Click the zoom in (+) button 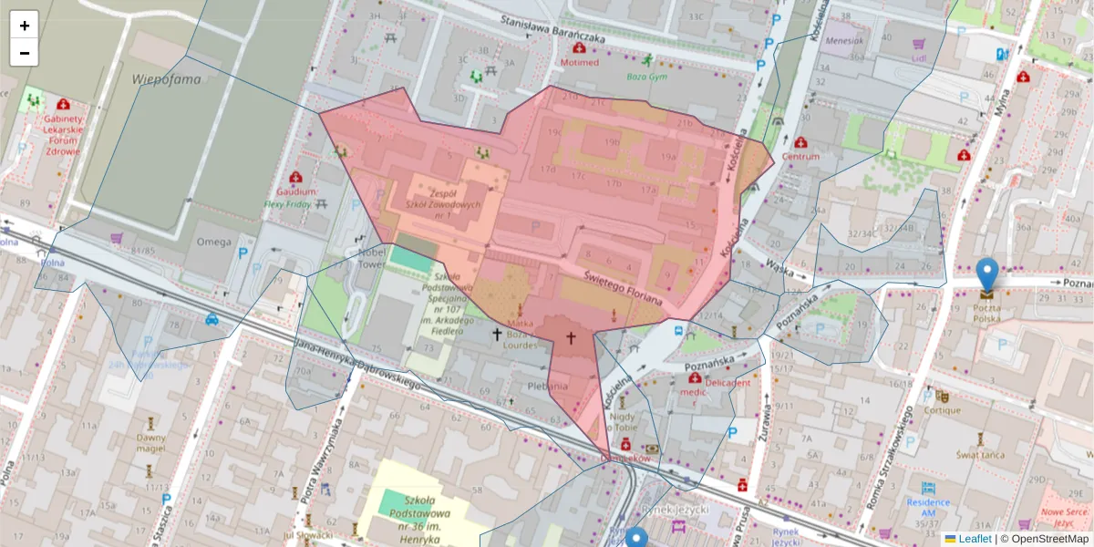(25, 26)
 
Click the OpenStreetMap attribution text (1045, 539)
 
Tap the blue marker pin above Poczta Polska (986, 273)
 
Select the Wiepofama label (166, 78)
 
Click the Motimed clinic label (580, 63)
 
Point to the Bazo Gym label (648, 77)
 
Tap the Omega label (214, 243)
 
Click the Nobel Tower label (372, 258)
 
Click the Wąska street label (779, 265)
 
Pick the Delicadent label (727, 383)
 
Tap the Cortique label (942, 410)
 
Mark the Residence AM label (928, 502)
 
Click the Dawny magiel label (150, 442)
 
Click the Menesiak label (843, 40)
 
